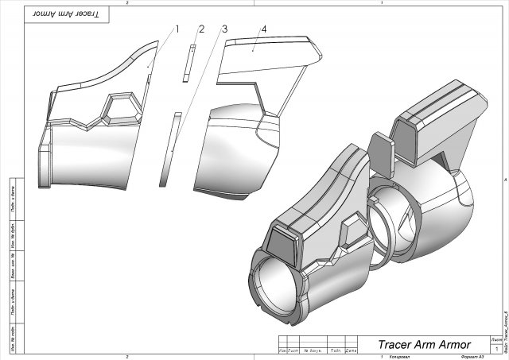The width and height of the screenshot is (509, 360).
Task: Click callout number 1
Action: pos(177,29)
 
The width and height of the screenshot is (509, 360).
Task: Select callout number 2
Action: pos(201,29)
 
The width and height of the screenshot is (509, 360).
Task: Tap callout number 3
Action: pos(225,29)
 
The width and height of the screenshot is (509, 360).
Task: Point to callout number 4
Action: pos(263,29)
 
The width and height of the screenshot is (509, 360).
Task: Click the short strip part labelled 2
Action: pos(188,63)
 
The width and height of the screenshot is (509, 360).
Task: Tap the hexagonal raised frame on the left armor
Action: pos(117,106)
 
